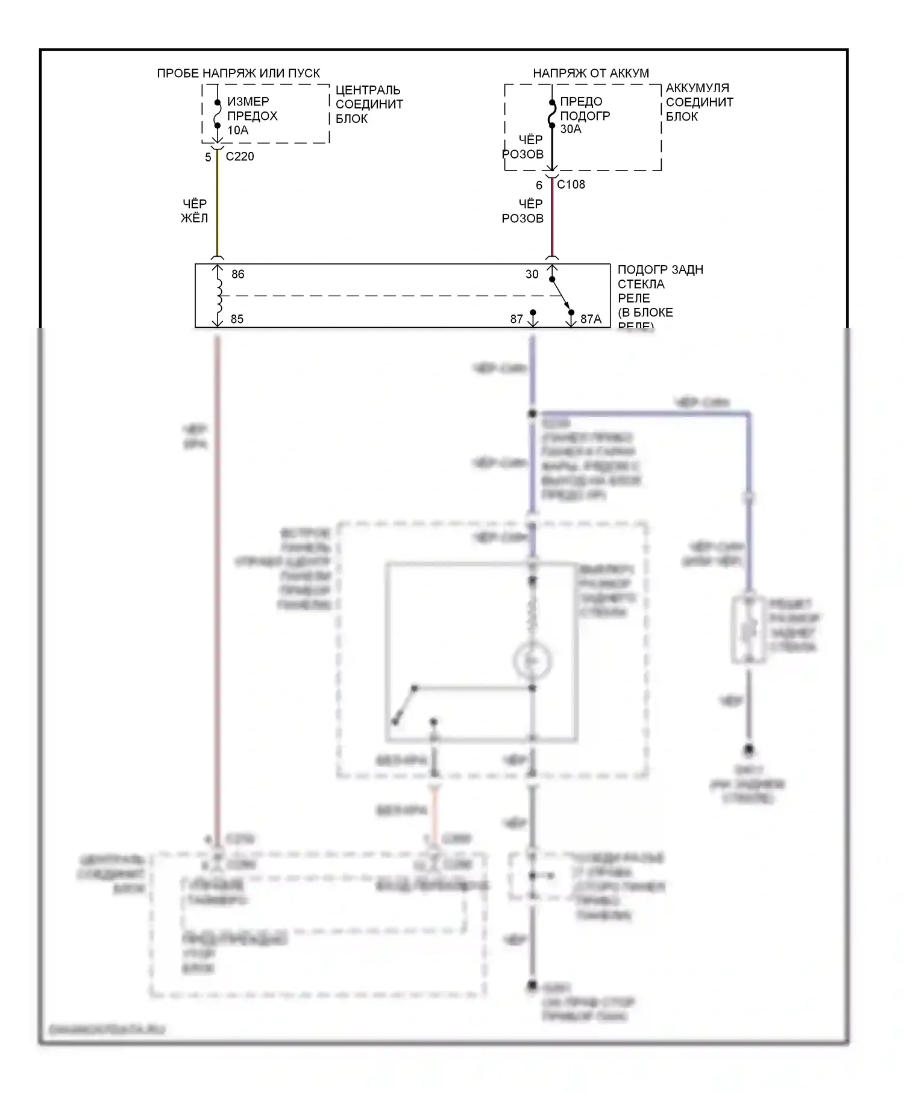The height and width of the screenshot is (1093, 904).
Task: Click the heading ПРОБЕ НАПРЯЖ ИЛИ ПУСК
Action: (238, 74)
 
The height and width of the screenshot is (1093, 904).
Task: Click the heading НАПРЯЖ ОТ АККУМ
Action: (591, 74)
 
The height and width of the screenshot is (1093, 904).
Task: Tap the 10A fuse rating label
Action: (237, 130)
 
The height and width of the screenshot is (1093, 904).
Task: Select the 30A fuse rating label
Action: (571, 129)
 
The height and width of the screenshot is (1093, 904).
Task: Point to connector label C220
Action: (240, 157)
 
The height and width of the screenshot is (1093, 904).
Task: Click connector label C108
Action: (571, 184)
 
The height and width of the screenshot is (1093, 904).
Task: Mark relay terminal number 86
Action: (238, 274)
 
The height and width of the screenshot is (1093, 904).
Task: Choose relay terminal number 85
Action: (237, 319)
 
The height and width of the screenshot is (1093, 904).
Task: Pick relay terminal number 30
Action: (532, 274)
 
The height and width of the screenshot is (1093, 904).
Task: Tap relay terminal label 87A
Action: (591, 319)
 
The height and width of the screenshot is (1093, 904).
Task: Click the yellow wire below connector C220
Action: (218, 205)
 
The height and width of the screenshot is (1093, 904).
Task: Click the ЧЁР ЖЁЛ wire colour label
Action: (194, 211)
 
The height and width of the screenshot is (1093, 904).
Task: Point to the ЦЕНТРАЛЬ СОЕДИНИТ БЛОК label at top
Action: (369, 104)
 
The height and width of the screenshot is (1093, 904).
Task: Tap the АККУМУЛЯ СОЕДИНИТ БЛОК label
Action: (699, 102)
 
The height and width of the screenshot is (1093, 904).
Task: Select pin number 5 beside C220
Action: (208, 157)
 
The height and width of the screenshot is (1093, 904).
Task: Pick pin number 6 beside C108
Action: (539, 186)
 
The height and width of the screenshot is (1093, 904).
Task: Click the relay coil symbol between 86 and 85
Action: (218, 296)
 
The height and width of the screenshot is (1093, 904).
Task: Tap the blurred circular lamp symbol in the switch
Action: (532, 661)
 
